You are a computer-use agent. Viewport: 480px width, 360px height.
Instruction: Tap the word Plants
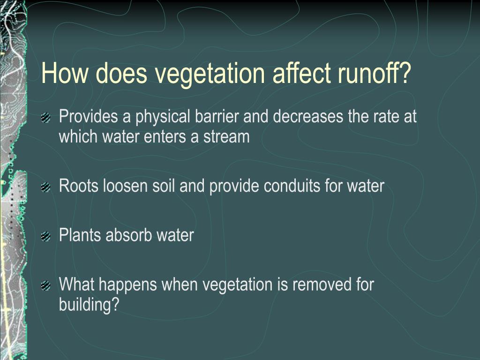tap(80, 235)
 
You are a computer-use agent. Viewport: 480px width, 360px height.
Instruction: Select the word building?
tap(90, 305)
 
